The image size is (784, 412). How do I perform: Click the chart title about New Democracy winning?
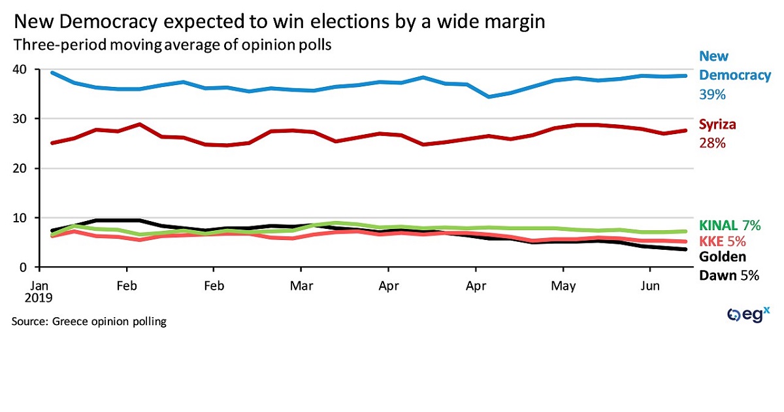279,23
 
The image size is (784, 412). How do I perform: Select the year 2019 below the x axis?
41,298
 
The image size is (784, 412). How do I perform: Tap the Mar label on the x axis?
301,285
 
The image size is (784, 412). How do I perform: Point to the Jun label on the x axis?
649,285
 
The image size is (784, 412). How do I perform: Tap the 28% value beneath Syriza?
713,143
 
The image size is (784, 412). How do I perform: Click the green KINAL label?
719,226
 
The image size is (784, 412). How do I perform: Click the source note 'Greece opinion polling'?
89,322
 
